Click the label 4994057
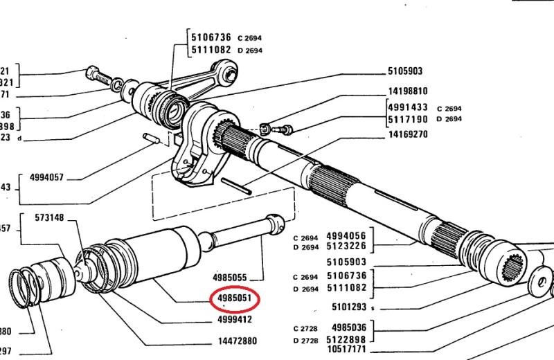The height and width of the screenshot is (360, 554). point(47,177)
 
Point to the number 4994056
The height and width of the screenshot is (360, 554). point(346,235)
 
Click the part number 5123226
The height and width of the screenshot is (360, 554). point(346,246)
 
